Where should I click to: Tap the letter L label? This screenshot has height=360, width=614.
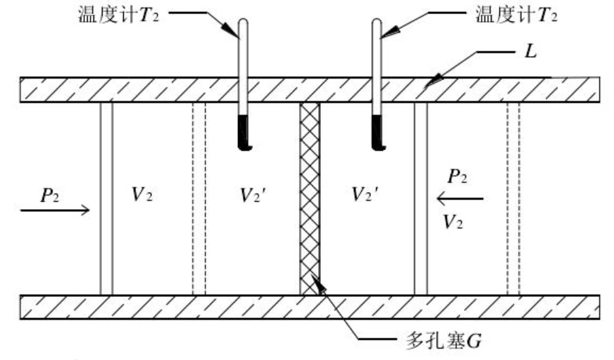530,51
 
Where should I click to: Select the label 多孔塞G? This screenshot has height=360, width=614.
443,341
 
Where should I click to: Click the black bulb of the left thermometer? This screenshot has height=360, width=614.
244,133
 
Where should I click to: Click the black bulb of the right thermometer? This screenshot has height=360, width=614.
378,133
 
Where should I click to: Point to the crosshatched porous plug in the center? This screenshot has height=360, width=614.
309,198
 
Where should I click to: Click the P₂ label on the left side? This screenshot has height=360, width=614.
50,195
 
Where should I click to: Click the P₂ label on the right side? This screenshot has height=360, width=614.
457,176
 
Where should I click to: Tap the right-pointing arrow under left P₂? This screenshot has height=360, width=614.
55,210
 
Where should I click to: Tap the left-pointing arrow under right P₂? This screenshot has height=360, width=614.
460,199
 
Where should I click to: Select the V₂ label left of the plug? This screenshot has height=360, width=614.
142,194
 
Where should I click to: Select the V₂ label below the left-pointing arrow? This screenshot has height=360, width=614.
453,222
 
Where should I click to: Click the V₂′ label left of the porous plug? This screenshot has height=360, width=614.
253,195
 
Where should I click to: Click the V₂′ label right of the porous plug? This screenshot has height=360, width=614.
365,194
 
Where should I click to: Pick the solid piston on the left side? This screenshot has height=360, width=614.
106,198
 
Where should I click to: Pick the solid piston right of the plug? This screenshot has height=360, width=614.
421,198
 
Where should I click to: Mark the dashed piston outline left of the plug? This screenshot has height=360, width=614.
199,198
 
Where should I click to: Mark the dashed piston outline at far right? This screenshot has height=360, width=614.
513,198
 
